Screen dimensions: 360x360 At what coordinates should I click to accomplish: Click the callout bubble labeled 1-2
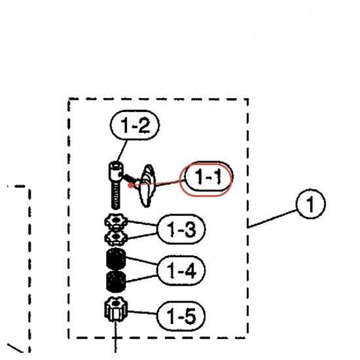(135, 125)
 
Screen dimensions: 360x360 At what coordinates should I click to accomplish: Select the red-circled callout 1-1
(206, 179)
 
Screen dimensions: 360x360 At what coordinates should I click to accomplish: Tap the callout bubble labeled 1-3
(181, 229)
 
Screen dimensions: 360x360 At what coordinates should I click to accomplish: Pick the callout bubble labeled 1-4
(181, 270)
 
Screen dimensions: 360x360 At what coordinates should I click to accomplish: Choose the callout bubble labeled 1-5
(181, 316)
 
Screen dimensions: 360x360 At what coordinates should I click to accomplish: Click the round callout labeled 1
(310, 204)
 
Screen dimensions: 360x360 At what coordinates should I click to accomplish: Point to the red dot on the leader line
(131, 185)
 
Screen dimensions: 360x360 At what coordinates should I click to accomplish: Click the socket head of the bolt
(115, 171)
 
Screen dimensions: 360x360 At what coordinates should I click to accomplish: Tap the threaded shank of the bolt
(115, 196)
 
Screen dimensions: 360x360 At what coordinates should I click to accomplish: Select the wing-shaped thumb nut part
(147, 186)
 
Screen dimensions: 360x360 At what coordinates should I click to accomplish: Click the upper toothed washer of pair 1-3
(116, 221)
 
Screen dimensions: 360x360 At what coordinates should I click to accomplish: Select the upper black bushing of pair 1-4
(116, 259)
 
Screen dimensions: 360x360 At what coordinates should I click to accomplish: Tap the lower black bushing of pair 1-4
(116, 281)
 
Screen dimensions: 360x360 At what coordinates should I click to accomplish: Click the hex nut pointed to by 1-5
(116, 310)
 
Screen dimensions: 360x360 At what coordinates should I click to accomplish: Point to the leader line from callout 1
(272, 219)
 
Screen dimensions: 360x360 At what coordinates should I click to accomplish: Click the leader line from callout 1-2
(122, 151)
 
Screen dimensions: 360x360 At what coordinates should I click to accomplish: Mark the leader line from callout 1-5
(142, 312)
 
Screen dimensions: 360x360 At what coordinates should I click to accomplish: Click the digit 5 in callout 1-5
(190, 316)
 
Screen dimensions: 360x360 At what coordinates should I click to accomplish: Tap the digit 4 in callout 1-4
(190, 271)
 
